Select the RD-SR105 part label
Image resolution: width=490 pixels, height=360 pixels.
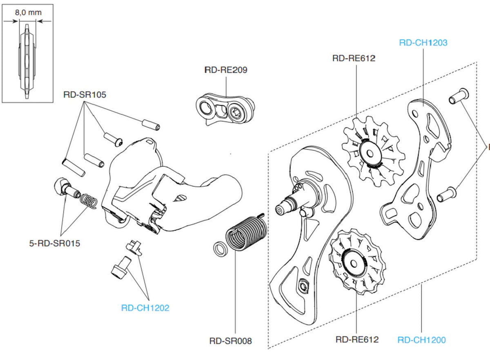click(85, 95)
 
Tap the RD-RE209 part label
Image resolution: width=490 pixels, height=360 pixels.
click(226, 70)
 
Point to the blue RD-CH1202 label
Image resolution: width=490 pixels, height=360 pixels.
click(145, 308)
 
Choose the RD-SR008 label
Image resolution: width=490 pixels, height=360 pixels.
click(230, 340)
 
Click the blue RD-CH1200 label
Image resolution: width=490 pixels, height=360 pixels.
click(421, 340)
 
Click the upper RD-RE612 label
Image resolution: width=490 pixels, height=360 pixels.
click(354, 58)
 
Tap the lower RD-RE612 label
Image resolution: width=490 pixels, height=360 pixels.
click(357, 339)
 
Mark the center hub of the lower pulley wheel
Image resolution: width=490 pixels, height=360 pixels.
click(353, 262)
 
